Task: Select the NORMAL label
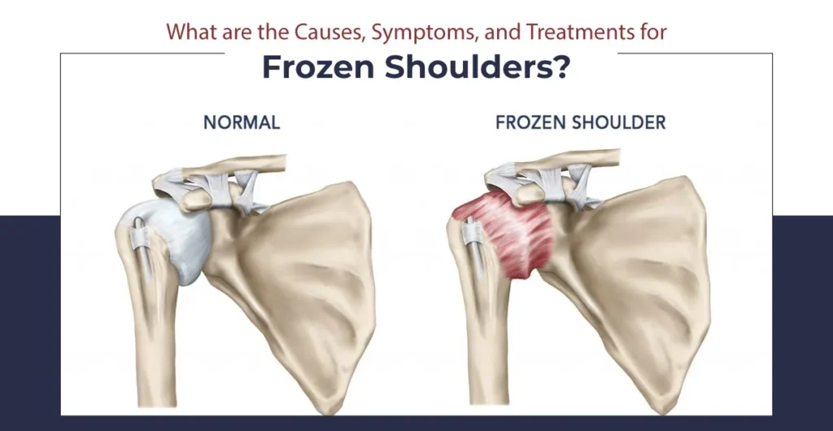[242, 123]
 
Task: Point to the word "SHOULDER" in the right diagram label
[620, 123]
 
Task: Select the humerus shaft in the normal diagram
[155, 342]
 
